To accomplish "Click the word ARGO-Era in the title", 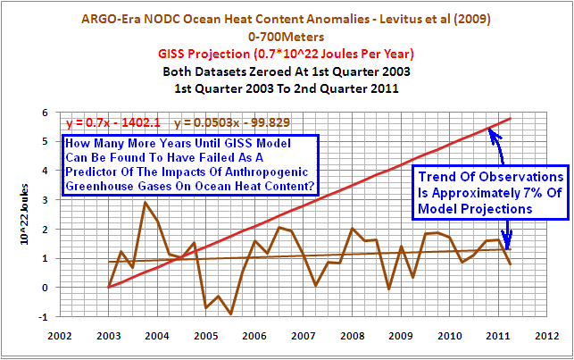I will pyautogui.click(x=111, y=17).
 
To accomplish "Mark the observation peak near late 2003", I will pyautogui.click(x=146, y=203).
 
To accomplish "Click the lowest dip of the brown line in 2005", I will pyautogui.click(x=230, y=314).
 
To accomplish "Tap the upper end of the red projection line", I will pyautogui.click(x=510, y=119).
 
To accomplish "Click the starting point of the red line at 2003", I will pyautogui.click(x=110, y=287).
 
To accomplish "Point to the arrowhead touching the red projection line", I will pyautogui.click(x=490, y=130).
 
